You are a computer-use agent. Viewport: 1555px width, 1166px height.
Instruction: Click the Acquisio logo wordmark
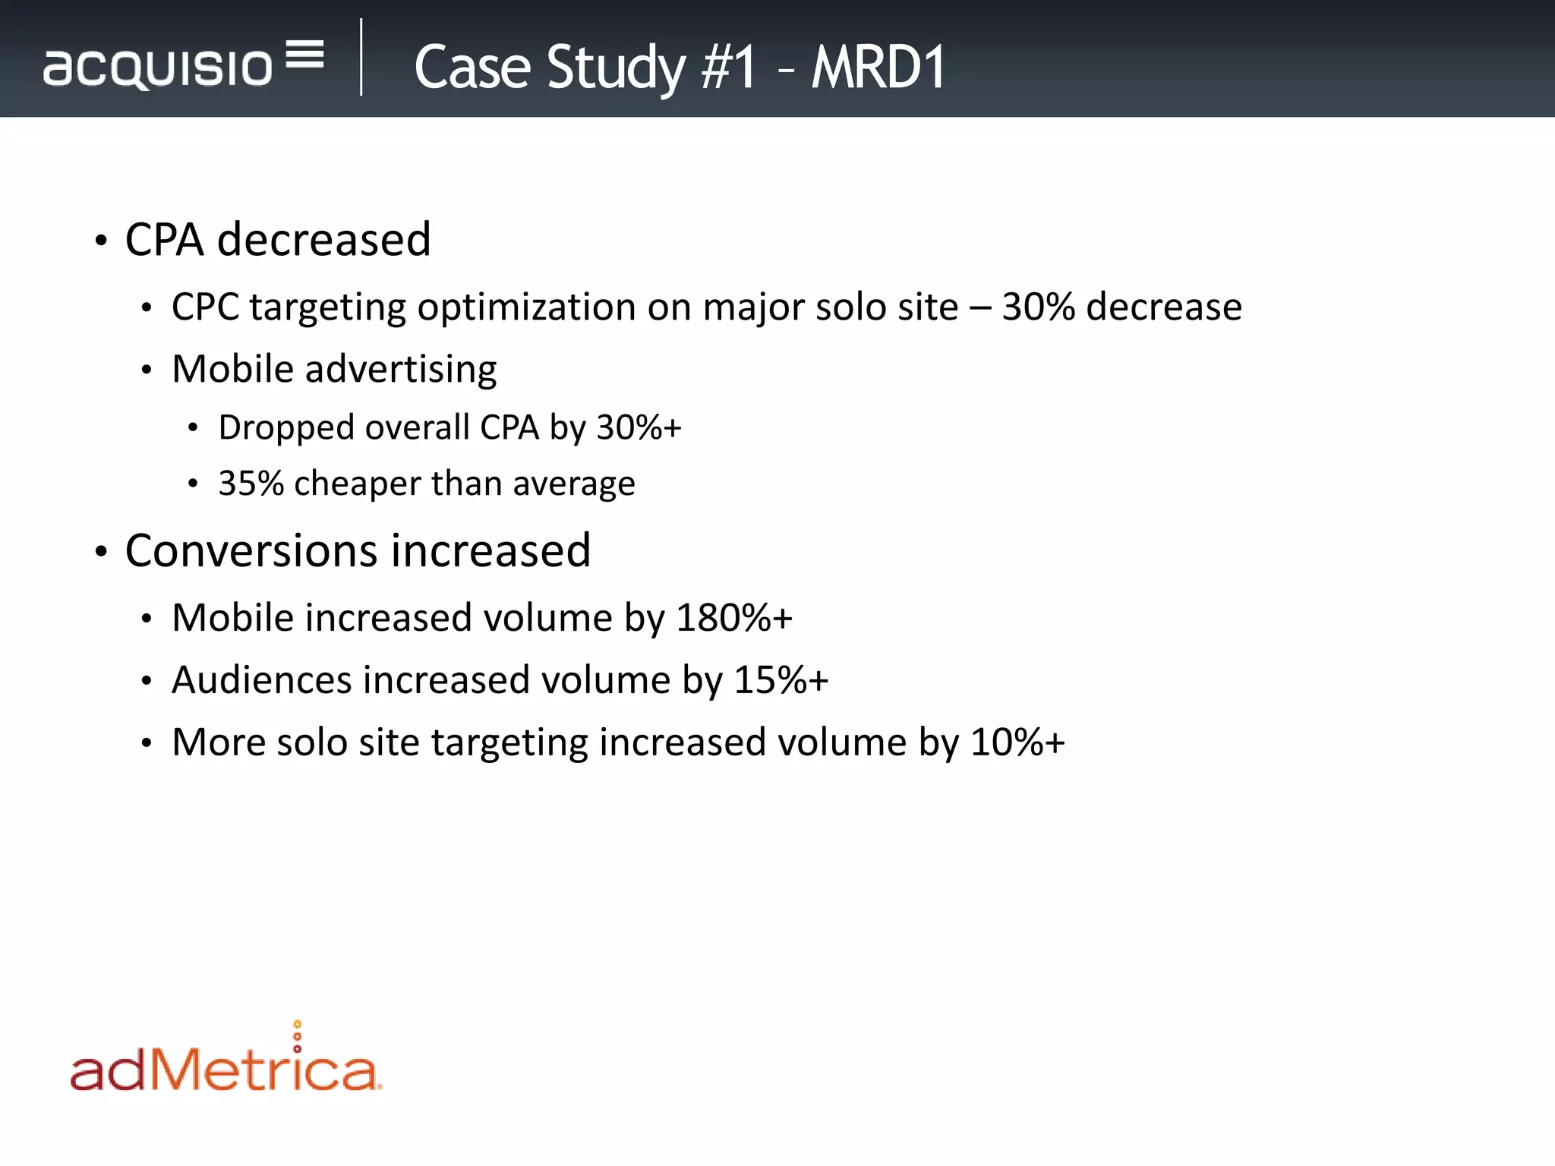pyautogui.click(x=157, y=68)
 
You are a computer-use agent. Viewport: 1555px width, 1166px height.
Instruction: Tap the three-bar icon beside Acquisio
pyautogui.click(x=305, y=54)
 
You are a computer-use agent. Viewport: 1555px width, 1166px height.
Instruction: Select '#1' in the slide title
pyautogui.click(x=728, y=68)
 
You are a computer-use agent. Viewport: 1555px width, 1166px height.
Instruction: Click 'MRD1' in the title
pyautogui.click(x=878, y=68)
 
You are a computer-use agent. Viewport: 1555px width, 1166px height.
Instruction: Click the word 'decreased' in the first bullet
pyautogui.click(x=324, y=240)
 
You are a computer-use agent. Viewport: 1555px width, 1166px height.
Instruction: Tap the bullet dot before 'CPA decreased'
pyautogui.click(x=101, y=241)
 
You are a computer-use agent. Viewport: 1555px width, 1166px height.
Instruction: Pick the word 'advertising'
pyautogui.click(x=401, y=370)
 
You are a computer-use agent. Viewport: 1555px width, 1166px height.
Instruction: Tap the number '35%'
pyautogui.click(x=251, y=484)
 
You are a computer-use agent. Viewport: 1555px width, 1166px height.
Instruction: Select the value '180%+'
pyautogui.click(x=734, y=618)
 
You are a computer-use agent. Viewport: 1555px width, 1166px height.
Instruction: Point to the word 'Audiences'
pyautogui.click(x=261, y=680)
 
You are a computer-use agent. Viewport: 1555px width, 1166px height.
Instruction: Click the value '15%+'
pyautogui.click(x=781, y=680)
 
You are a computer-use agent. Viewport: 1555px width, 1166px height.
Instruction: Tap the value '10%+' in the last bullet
pyautogui.click(x=1017, y=742)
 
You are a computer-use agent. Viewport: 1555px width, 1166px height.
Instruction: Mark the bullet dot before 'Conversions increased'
pyautogui.click(x=101, y=552)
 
